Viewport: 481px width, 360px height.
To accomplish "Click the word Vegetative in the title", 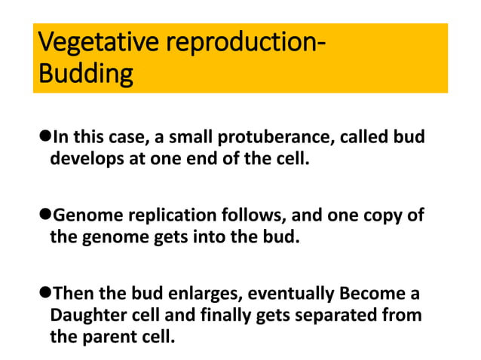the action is pos(98,42).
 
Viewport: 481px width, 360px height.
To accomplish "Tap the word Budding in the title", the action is pos(86,74).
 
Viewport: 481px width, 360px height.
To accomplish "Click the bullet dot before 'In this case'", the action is pos(45,136).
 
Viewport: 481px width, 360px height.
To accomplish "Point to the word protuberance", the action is pos(276,137).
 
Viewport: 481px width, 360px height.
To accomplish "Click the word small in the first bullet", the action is pos(191,136).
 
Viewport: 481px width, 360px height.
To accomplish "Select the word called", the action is pos(364,136).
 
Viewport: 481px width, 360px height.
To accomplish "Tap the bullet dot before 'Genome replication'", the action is pos(45,214).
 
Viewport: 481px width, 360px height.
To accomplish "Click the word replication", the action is pos(172,215).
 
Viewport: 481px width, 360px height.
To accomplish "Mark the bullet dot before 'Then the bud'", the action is pos(45,292).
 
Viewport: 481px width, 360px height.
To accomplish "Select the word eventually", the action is pos(290,294).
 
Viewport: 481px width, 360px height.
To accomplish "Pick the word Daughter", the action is pos(89,316).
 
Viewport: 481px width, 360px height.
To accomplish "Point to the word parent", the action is pos(109,337).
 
